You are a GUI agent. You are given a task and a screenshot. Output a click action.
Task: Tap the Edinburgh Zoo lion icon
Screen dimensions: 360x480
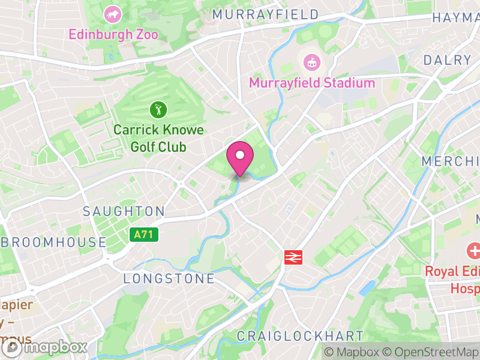(x=112, y=14)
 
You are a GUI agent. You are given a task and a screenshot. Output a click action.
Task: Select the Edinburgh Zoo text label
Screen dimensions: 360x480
(x=113, y=34)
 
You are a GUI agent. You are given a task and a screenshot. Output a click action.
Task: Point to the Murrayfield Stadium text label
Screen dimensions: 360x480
(x=311, y=83)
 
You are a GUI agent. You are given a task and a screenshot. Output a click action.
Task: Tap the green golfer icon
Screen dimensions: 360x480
(x=158, y=110)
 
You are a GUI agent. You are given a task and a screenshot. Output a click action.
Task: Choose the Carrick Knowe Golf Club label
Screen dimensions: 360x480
(x=158, y=138)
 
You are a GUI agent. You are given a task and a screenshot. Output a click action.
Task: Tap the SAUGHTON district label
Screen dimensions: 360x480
(x=124, y=211)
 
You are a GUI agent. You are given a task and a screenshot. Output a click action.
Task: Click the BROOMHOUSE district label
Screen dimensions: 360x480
(x=54, y=242)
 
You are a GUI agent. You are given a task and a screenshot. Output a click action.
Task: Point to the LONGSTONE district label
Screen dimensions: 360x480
(x=169, y=278)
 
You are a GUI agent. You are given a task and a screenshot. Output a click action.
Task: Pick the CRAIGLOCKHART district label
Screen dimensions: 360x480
(x=300, y=335)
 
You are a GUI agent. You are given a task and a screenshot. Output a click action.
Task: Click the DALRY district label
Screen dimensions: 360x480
(x=448, y=60)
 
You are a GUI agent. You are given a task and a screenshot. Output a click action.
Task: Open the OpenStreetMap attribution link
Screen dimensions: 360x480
(x=432, y=352)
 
